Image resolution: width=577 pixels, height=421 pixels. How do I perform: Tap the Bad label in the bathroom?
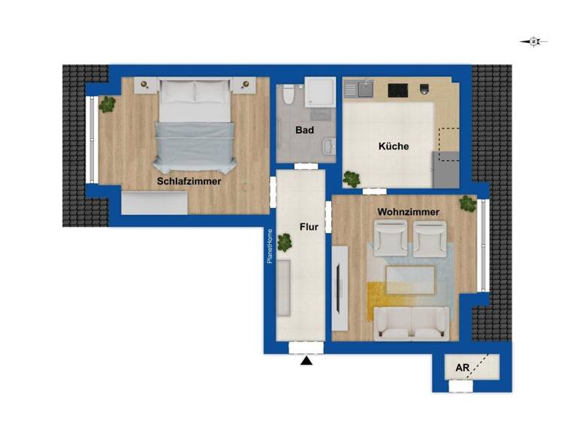click(304, 130)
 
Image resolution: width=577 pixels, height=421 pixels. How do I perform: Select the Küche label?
click(394, 147)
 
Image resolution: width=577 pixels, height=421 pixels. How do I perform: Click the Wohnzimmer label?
click(409, 213)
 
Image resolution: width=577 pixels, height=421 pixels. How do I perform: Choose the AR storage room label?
click(462, 369)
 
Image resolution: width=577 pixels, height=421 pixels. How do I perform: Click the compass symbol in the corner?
click(533, 42)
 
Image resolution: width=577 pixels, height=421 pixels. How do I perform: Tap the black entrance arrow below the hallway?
click(306, 362)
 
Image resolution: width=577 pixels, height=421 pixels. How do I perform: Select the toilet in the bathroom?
click(287, 96)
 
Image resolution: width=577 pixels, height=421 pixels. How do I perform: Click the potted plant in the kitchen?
click(351, 179)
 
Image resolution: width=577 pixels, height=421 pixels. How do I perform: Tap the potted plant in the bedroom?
click(107, 104)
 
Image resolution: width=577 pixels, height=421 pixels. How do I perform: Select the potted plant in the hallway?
click(284, 242)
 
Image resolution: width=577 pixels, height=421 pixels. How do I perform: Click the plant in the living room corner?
click(468, 203)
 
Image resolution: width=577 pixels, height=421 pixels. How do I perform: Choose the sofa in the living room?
click(412, 323)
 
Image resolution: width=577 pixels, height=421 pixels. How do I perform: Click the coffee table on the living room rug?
click(410, 281)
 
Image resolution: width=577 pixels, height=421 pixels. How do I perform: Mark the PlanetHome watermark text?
click(270, 247)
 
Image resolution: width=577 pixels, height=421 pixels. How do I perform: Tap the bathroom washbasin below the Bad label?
click(328, 146)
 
